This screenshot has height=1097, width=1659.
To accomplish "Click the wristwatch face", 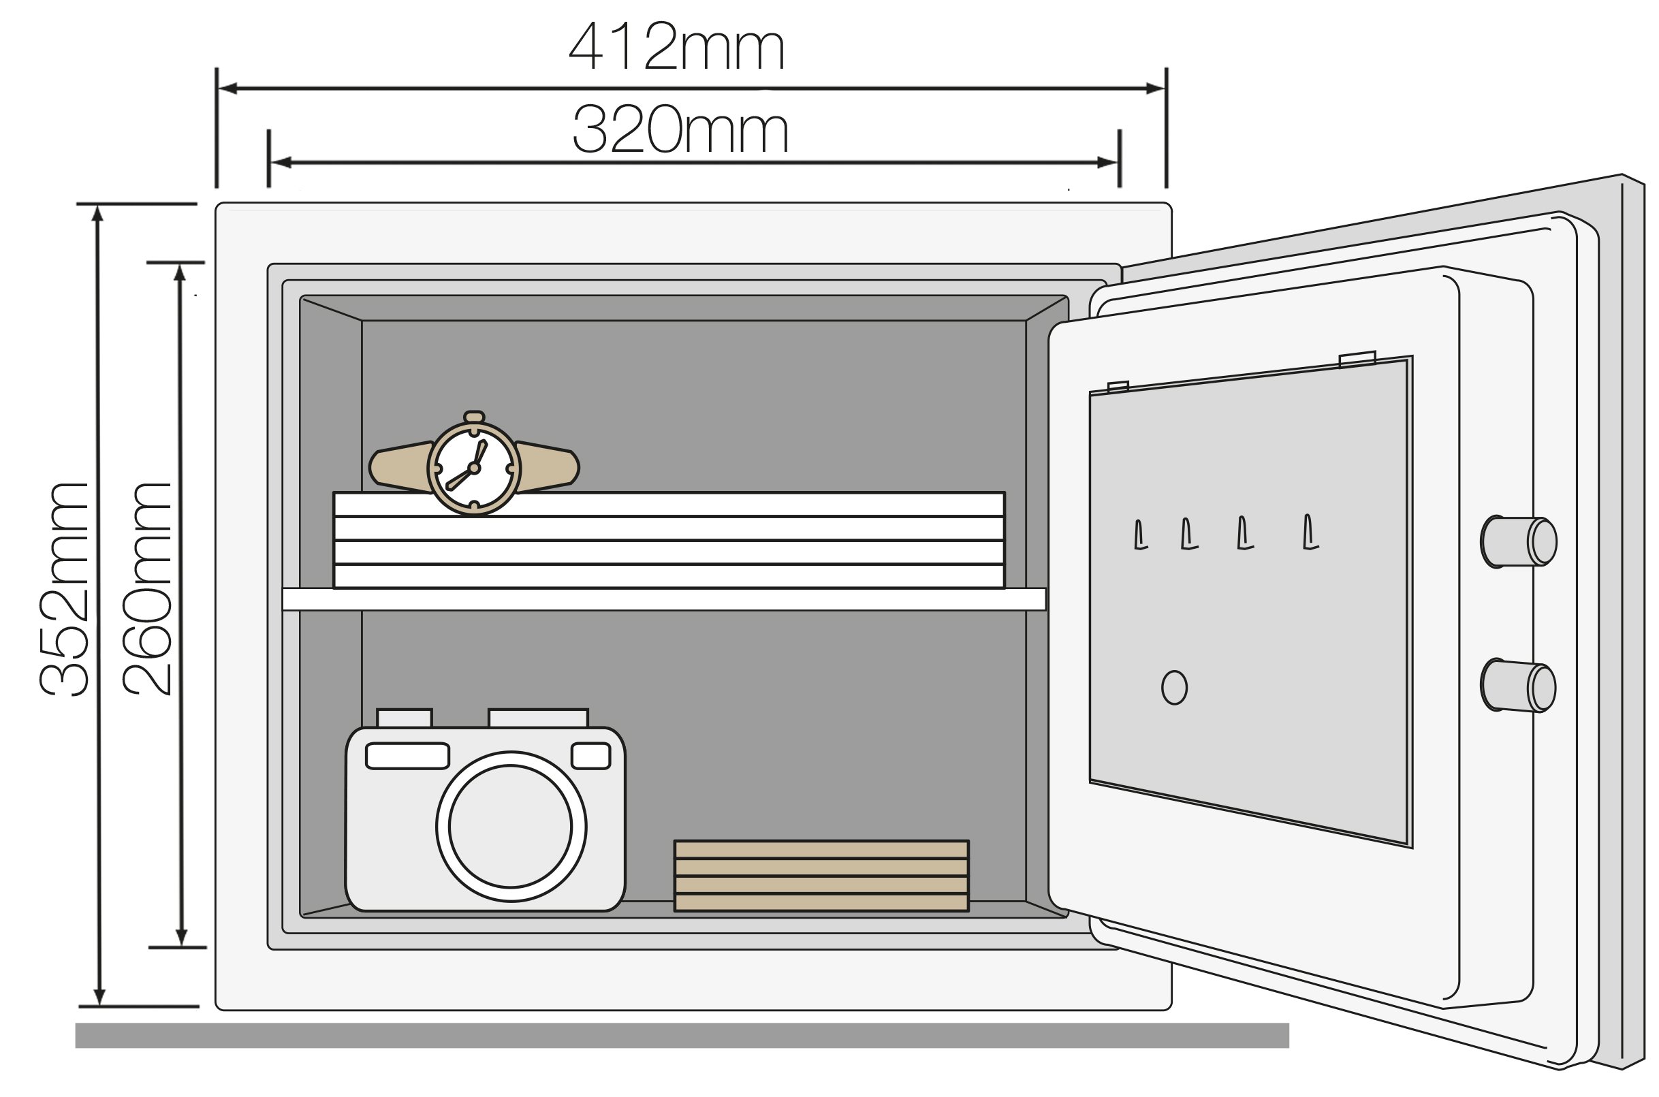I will pos(474,467).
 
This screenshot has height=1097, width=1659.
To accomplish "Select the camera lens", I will pos(511,826).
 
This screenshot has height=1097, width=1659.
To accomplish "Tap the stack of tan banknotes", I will pos(821,875).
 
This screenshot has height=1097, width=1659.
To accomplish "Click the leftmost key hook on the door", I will pos(1140,535).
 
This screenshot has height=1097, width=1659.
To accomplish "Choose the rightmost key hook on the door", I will pos(1309,532).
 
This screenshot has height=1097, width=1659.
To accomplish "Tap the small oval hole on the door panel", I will pos(1174,688).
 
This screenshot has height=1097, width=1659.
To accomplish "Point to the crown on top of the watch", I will pos(474,417).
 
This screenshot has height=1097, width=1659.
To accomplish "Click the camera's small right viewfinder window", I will pos(590,756).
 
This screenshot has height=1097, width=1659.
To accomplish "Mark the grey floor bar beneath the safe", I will pos(682,1036).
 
